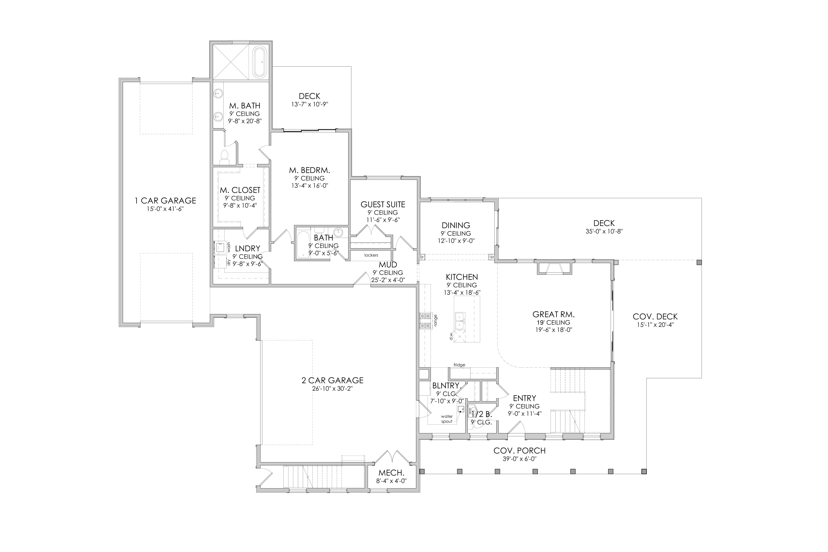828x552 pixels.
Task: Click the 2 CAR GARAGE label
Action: pyautogui.click(x=332, y=381)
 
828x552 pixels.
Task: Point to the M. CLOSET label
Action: pyautogui.click(x=240, y=190)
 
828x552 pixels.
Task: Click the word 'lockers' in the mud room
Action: pyautogui.click(x=371, y=255)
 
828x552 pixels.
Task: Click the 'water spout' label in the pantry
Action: pyautogui.click(x=447, y=419)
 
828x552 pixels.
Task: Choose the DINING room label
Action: pyautogui.click(x=456, y=225)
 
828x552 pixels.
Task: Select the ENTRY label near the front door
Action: pyautogui.click(x=525, y=398)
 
